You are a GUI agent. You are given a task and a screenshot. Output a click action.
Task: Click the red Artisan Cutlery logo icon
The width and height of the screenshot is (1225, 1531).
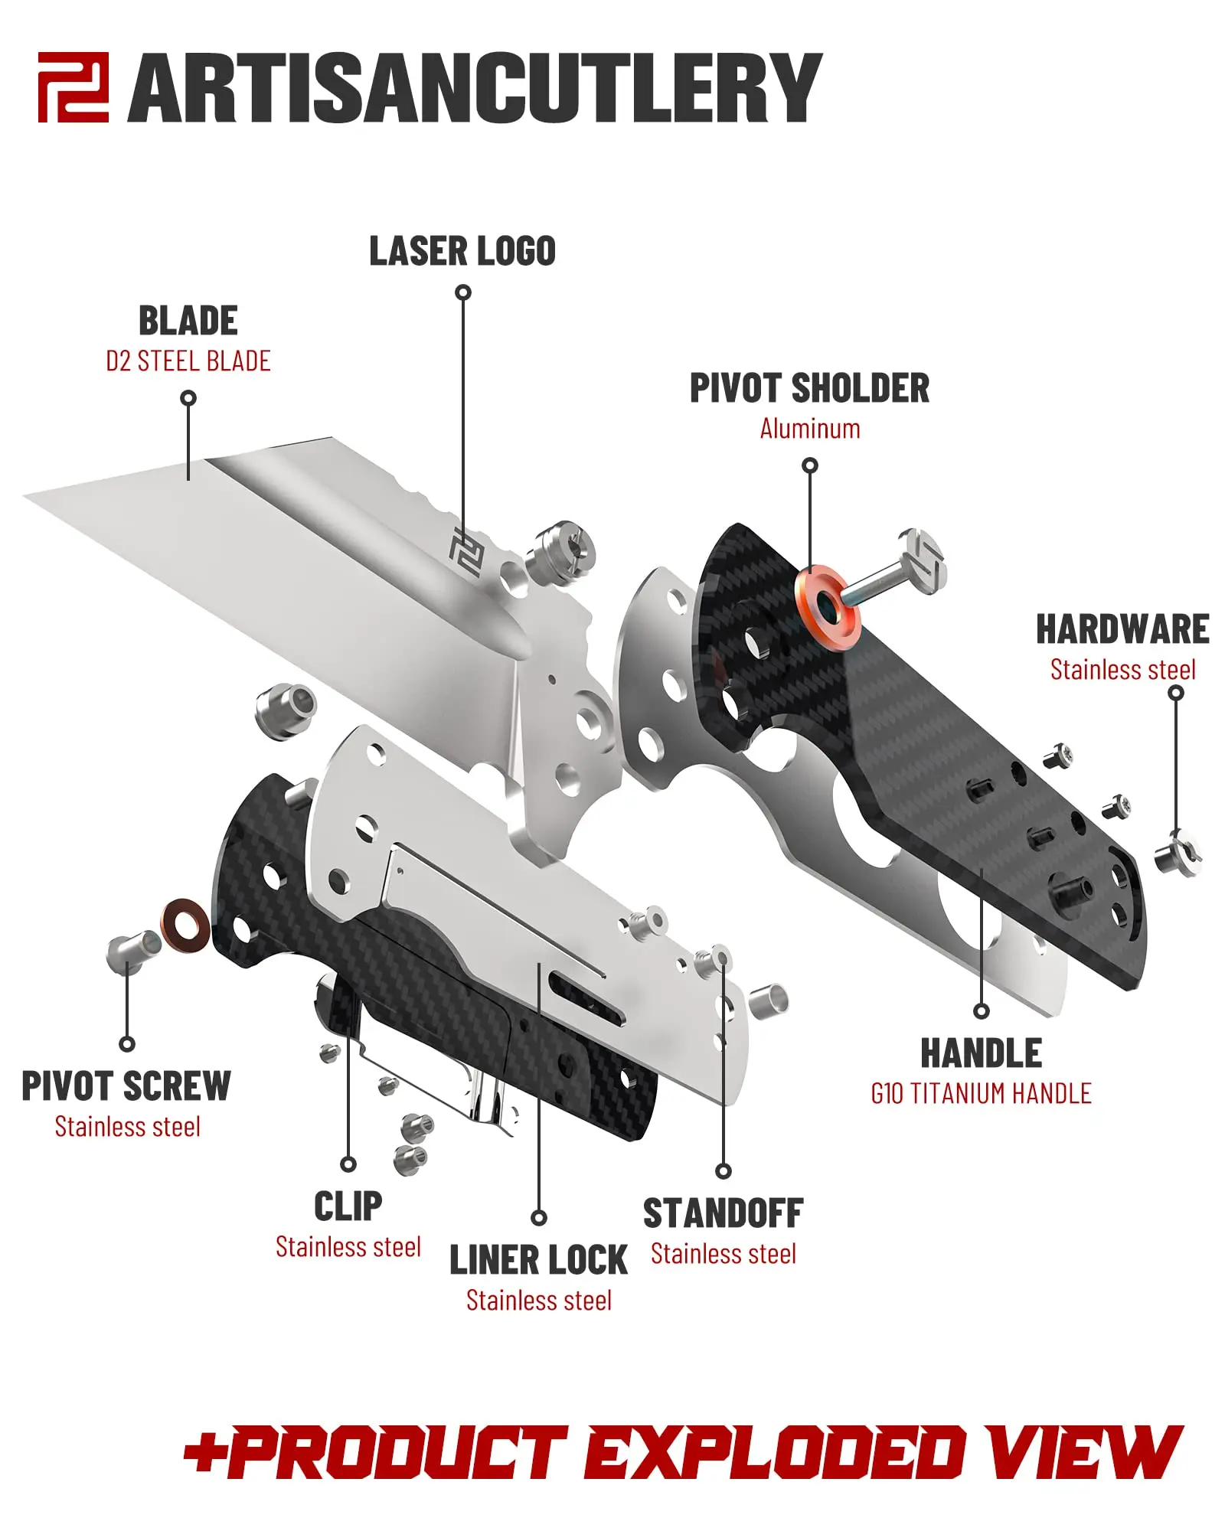pos(73,87)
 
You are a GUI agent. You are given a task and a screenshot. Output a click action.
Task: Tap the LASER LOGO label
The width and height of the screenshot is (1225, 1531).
pos(462,252)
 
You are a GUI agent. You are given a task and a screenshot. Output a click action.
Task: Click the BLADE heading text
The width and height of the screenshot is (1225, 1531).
pos(188,321)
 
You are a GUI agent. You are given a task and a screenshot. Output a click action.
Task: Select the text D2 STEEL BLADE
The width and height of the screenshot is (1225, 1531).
pos(188,361)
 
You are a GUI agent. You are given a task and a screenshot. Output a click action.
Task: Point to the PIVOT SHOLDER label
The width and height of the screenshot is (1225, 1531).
pos(809,388)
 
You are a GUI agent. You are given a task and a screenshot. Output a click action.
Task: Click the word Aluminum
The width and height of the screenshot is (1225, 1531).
pos(809,429)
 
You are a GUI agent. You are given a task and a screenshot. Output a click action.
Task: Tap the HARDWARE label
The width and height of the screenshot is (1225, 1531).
pos(1122,629)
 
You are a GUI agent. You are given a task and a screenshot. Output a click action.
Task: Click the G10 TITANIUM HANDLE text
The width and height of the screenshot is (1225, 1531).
pos(981,1094)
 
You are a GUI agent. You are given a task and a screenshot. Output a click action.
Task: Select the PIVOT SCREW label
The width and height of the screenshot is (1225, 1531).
pos(126,1086)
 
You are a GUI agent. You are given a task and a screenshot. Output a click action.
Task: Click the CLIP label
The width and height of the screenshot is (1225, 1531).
pos(348,1207)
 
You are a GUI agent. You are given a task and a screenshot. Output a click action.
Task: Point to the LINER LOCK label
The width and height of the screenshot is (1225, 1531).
pos(538,1261)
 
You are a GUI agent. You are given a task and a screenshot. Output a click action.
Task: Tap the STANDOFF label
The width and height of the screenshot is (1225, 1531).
pos(723,1214)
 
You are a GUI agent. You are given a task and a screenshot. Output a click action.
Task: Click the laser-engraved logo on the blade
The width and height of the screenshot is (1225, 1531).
pos(465,551)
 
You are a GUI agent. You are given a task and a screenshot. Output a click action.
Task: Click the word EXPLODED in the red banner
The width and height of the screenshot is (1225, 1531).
pos(773,1453)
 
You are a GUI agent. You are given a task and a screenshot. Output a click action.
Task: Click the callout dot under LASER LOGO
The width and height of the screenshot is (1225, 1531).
pos(463,292)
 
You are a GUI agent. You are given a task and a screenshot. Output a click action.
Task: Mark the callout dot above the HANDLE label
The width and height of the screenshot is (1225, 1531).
pos(981,1011)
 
